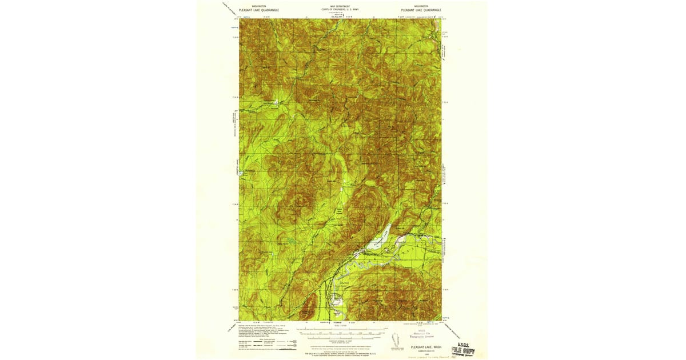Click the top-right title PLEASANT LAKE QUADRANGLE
point(421,10)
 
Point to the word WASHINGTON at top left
point(251,6)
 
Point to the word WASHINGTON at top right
point(420,6)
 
